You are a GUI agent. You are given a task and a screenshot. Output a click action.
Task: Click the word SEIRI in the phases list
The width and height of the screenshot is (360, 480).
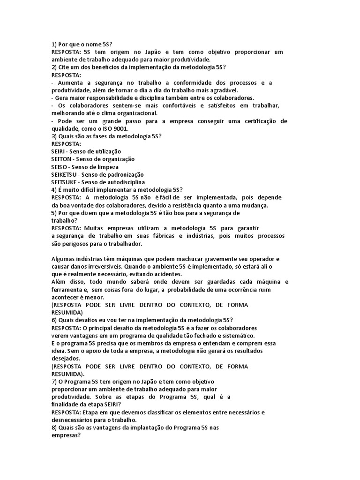(x=58, y=151)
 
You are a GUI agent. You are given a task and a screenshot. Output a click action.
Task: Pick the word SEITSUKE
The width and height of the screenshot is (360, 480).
(x=64, y=182)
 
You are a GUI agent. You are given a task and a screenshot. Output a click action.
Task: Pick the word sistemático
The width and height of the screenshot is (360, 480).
(x=236, y=336)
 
